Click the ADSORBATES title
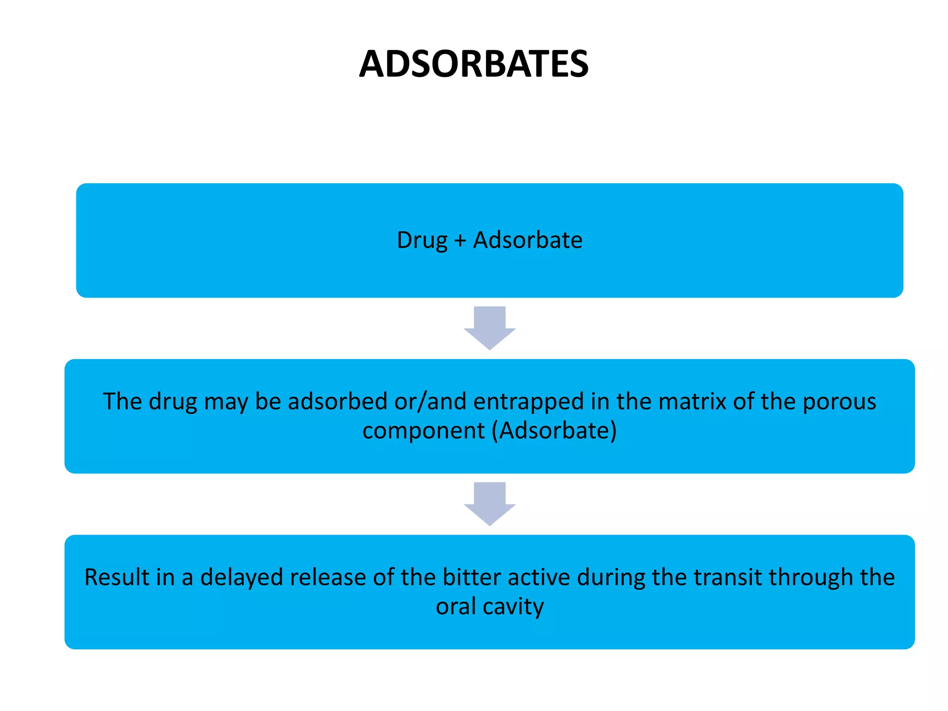coord(474,64)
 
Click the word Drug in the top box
coord(422,240)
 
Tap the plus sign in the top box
coord(460,241)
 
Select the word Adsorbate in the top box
coord(528,240)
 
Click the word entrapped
coord(528,402)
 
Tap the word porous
coord(839,402)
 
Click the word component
coord(423,431)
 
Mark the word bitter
coord(472,577)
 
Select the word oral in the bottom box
coord(455,606)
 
